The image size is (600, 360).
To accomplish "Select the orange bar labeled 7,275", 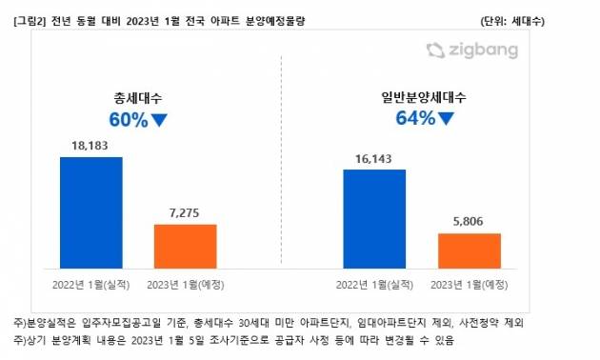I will click(x=185, y=245).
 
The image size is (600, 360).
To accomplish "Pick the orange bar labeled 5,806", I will click(x=469, y=250).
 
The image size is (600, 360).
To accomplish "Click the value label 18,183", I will click(x=90, y=146).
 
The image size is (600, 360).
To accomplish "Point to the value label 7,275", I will click(x=185, y=213).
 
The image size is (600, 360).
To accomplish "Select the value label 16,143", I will click(x=374, y=159).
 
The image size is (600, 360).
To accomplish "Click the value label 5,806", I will click(x=469, y=222).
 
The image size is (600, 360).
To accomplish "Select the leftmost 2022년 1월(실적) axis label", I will click(x=90, y=283).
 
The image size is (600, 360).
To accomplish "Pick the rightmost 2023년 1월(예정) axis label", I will click(x=469, y=283).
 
